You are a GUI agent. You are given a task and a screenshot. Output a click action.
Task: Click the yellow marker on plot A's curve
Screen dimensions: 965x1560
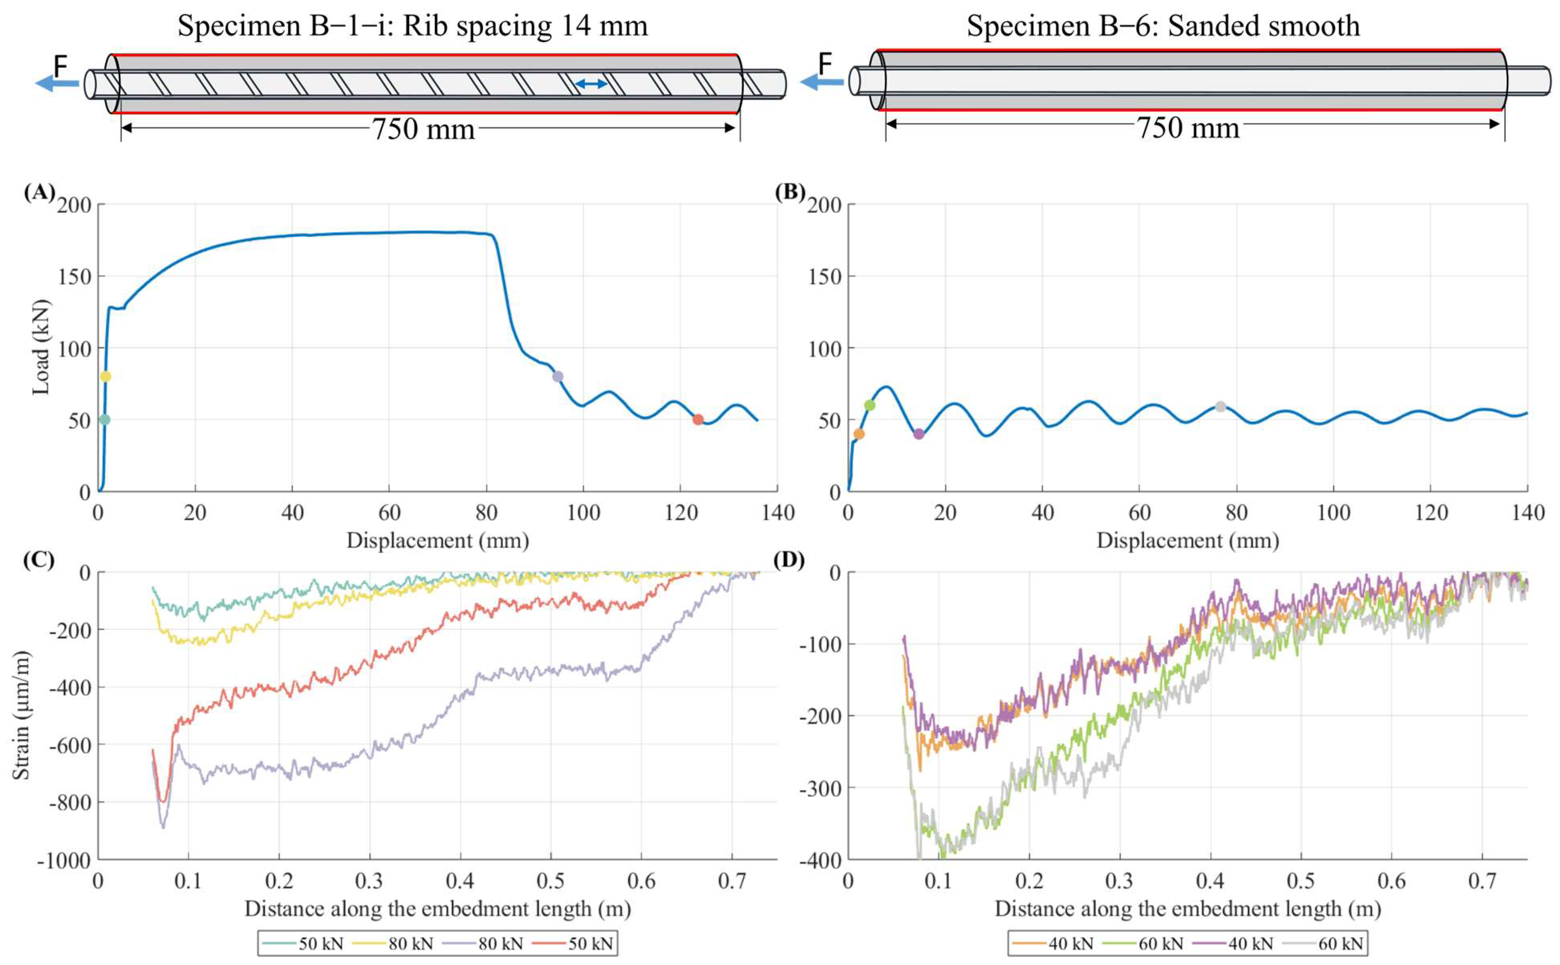click(x=105, y=376)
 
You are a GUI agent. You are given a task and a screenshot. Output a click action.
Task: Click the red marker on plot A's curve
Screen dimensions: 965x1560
click(x=698, y=419)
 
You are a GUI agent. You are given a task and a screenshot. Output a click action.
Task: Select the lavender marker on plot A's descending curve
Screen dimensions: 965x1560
click(x=558, y=376)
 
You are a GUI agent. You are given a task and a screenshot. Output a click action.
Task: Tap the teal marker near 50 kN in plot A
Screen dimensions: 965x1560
click(x=105, y=419)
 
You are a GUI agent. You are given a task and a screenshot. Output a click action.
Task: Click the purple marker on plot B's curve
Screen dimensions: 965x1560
click(x=919, y=434)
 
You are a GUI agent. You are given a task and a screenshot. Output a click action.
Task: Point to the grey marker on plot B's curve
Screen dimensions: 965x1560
click(x=1220, y=407)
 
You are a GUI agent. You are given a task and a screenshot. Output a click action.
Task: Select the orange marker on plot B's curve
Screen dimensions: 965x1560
click(x=859, y=434)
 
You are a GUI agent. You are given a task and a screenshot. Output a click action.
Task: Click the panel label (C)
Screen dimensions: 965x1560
click(x=39, y=560)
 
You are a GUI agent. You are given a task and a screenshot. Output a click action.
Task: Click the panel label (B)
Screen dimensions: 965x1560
click(x=790, y=192)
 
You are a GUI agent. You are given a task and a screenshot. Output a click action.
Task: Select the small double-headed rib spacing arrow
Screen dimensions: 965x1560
click(x=591, y=84)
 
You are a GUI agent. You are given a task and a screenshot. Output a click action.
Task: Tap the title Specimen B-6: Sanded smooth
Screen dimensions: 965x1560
click(x=1163, y=26)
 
